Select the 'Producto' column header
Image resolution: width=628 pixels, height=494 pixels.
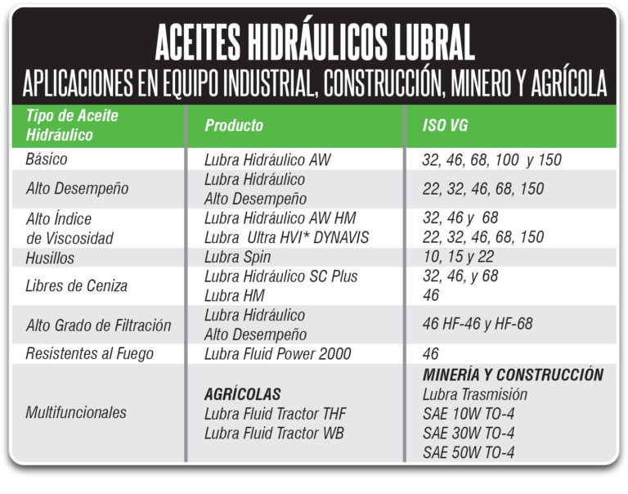[x=234, y=125]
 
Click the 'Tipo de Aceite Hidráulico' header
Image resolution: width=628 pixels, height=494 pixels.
[x=72, y=125]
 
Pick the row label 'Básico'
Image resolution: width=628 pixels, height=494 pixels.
[x=47, y=159]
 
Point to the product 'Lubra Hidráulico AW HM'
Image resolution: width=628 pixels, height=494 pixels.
[x=280, y=218]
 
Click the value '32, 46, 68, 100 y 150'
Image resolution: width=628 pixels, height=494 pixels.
[x=491, y=159]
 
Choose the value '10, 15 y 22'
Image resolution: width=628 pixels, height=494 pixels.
[x=458, y=257]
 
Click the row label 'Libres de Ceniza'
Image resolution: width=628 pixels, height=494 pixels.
[x=78, y=285]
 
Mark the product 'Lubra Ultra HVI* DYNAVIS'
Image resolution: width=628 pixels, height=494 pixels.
[x=287, y=237]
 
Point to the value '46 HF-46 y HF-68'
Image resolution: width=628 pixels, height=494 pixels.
[x=478, y=325]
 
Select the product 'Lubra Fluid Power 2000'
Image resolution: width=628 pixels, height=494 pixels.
[x=278, y=354]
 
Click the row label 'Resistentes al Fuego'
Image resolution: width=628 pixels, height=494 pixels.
[x=90, y=354]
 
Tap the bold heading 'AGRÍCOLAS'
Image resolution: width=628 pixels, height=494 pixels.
[x=243, y=394]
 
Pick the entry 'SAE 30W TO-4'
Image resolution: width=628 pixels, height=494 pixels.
[x=469, y=433]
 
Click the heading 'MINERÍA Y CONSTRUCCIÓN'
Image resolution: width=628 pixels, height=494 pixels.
[x=513, y=375]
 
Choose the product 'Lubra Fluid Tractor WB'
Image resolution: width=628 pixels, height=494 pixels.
[x=275, y=433]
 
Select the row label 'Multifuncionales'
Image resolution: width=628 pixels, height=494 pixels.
[x=76, y=413]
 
